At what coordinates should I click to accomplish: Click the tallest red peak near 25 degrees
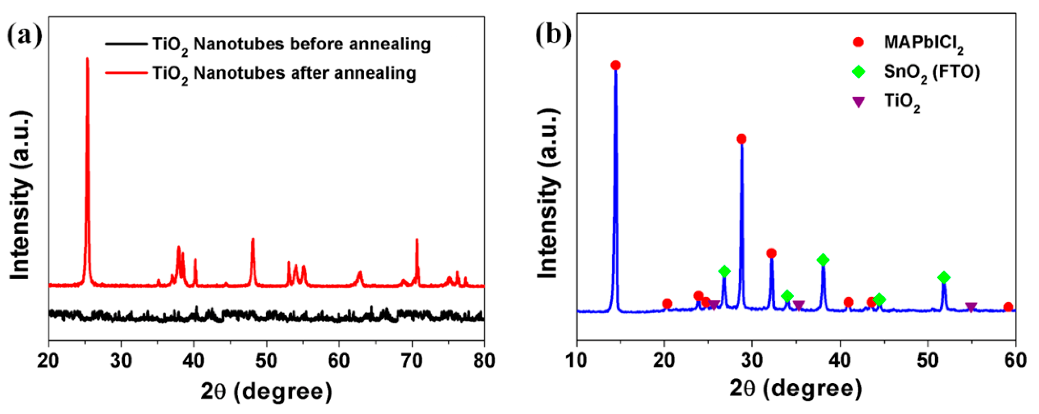(x=87, y=61)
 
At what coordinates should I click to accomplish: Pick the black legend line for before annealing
(x=126, y=43)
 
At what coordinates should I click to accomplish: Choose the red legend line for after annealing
(x=126, y=73)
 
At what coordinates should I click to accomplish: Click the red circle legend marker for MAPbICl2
(x=859, y=42)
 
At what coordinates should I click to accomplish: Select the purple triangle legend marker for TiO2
(x=859, y=102)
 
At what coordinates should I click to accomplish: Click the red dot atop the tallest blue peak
(x=615, y=65)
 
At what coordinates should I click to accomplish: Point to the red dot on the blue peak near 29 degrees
(x=741, y=139)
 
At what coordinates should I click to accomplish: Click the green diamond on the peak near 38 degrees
(x=823, y=260)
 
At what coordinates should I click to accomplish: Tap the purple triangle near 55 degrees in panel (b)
(x=971, y=307)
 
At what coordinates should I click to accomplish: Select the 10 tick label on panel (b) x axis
(x=577, y=360)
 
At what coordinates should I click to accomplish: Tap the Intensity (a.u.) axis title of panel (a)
(x=20, y=196)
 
